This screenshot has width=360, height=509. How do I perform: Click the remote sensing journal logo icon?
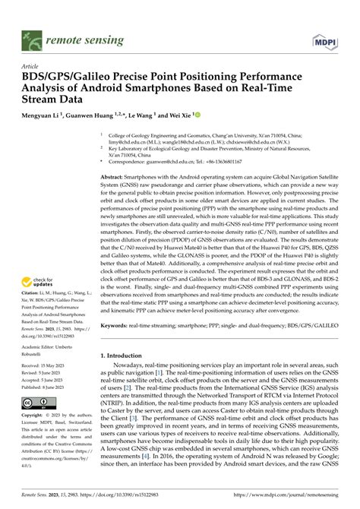tap(32, 36)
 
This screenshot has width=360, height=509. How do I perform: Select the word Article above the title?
tap(32, 66)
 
